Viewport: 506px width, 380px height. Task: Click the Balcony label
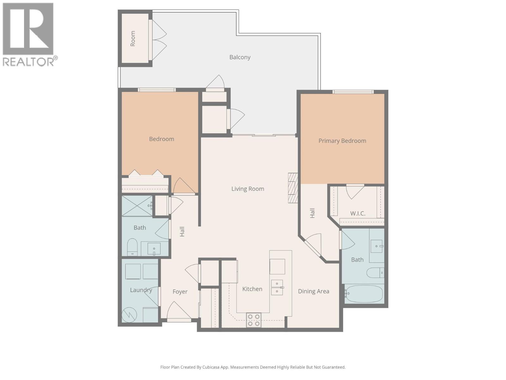point(240,57)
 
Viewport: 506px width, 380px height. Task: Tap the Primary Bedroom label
point(342,141)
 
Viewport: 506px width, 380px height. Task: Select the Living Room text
point(248,189)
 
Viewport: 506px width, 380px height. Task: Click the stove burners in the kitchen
point(254,320)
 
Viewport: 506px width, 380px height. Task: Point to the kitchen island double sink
point(277,287)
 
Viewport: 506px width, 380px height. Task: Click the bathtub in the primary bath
point(364,294)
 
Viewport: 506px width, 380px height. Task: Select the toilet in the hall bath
point(132,247)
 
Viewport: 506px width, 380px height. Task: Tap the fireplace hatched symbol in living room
point(293,188)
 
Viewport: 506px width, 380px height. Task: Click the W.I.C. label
point(358,214)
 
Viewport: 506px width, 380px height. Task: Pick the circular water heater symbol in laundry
point(129,315)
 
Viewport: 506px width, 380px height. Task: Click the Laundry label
point(141,290)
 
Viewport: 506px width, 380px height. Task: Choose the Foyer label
point(180,292)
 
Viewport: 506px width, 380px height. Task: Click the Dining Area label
point(313,291)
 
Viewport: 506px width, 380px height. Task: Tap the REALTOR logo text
point(28,61)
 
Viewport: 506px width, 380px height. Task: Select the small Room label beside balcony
point(133,39)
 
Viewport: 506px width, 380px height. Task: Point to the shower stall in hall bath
point(137,206)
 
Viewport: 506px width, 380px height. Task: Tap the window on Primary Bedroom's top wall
point(353,92)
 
